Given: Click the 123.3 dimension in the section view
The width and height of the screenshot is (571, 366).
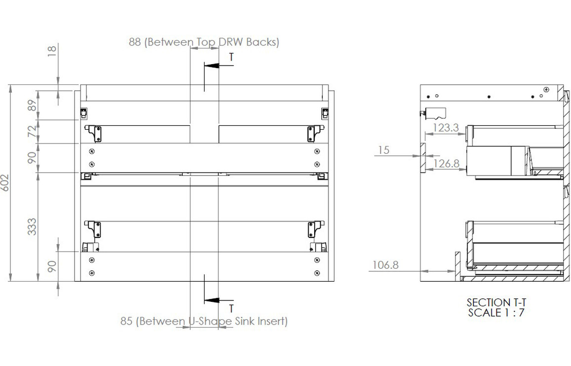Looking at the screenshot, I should click(446, 128).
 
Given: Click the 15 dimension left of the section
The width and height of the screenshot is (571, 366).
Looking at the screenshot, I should click(384, 150).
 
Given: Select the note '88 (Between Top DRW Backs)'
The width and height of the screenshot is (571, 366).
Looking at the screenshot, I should click(204, 42).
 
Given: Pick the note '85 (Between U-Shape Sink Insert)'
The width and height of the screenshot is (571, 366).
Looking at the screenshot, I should click(204, 322).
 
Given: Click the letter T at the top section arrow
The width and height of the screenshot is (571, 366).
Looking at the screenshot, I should click(231, 57).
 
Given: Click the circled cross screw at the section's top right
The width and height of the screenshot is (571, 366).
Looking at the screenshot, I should click(546, 89).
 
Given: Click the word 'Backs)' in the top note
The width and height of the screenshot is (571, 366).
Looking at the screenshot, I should click(264, 42).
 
